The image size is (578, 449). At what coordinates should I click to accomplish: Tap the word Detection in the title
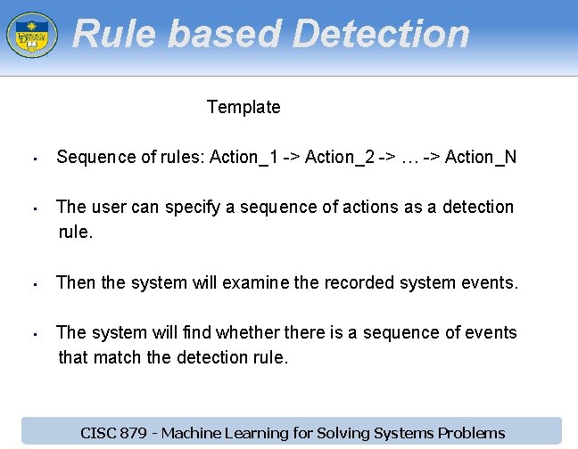point(381,34)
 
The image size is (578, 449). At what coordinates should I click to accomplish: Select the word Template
point(244,107)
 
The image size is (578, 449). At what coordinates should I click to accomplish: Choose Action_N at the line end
point(480,158)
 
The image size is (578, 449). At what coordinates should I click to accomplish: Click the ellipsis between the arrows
point(409,159)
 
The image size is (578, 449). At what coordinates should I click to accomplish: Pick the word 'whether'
point(247,332)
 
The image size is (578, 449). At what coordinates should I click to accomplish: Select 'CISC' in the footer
point(100,433)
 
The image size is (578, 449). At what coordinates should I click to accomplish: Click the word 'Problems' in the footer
point(471,433)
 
